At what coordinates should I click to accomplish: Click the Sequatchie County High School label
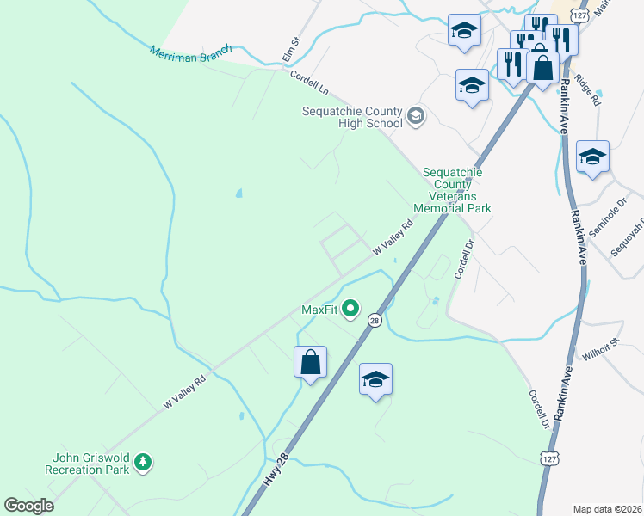point(351,118)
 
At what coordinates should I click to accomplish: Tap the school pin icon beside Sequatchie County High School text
point(416,116)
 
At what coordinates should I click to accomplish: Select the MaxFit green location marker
point(350,307)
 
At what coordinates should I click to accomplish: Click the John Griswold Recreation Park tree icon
point(143,464)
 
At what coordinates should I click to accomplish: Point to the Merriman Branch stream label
point(191,52)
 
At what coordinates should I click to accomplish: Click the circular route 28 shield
point(375,320)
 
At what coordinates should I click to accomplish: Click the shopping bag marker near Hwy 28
point(311,362)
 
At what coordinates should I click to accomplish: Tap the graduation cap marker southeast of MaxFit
point(375,379)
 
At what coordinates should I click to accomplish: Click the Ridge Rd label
point(587,89)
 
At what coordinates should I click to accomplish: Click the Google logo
point(28,506)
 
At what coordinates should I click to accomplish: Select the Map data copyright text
point(607,509)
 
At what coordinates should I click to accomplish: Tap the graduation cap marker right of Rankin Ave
point(592,157)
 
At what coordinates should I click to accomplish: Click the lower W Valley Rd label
point(185,391)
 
